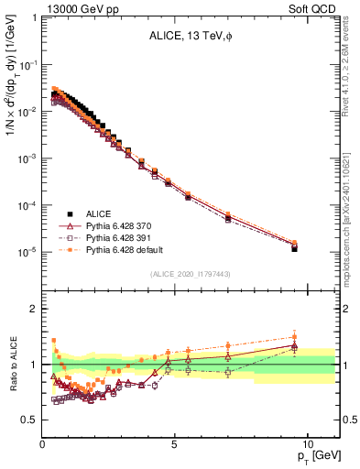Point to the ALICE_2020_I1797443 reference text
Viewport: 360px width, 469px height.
pos(190,274)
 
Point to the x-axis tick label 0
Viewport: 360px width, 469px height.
pos(43,443)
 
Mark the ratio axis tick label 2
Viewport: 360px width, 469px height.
pos(33,309)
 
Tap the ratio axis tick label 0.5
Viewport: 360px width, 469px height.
pos(29,420)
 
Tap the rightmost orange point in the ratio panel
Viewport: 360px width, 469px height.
pos(294,336)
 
